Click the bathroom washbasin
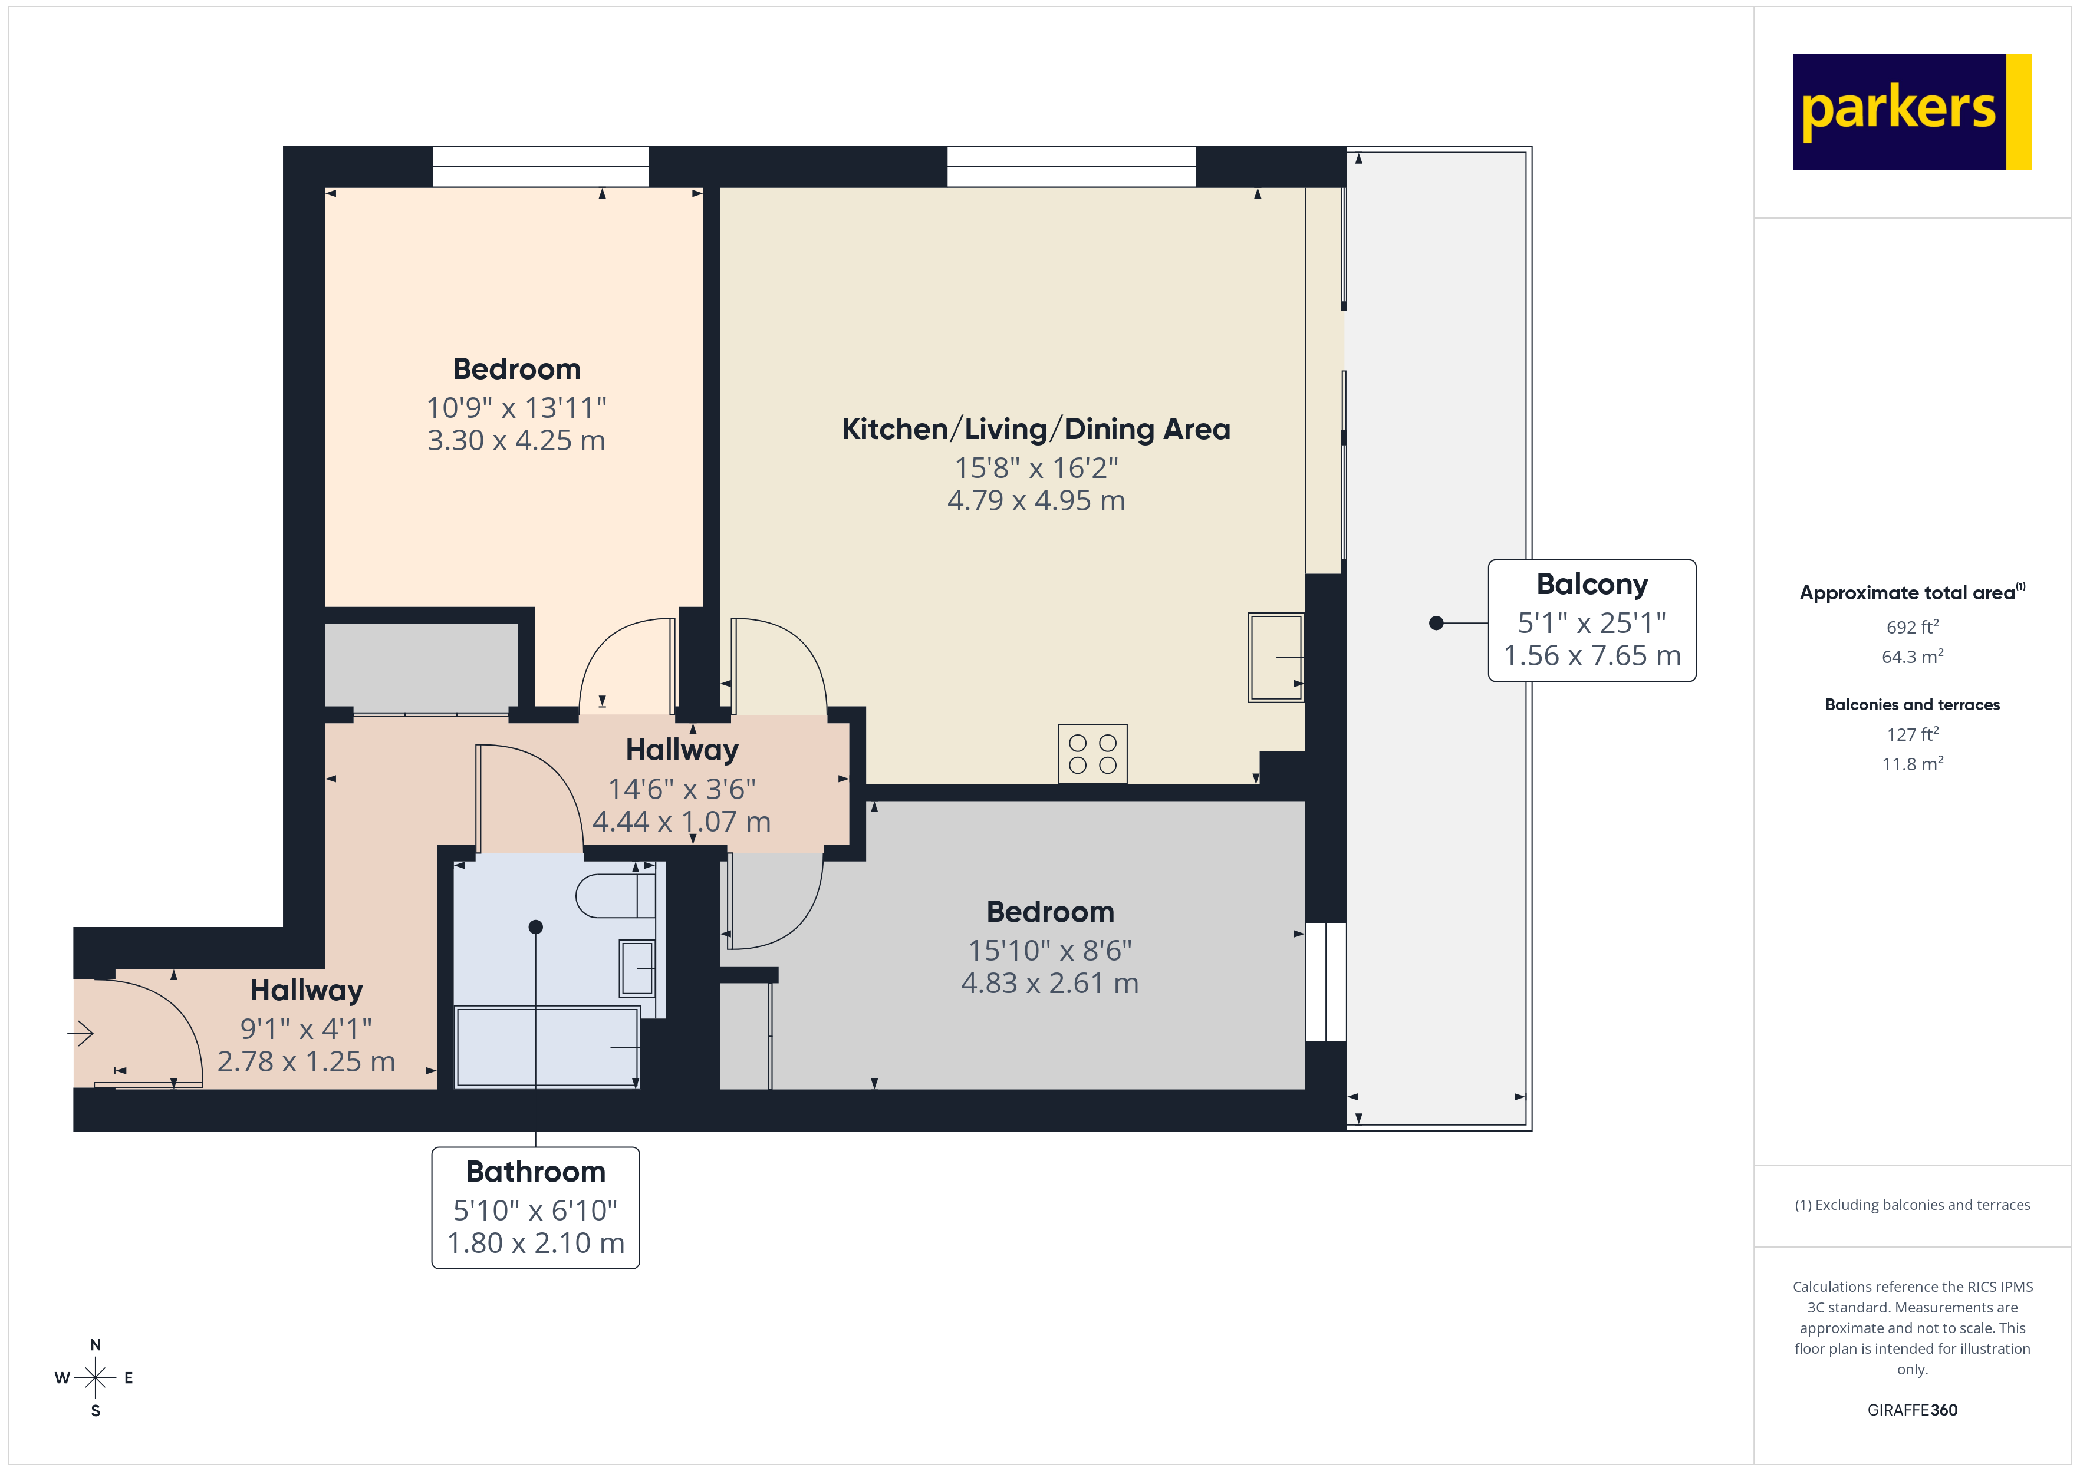(637, 967)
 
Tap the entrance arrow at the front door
(81, 1033)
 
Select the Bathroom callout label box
(535, 1208)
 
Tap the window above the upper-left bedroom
(540, 167)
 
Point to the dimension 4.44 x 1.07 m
(682, 822)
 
